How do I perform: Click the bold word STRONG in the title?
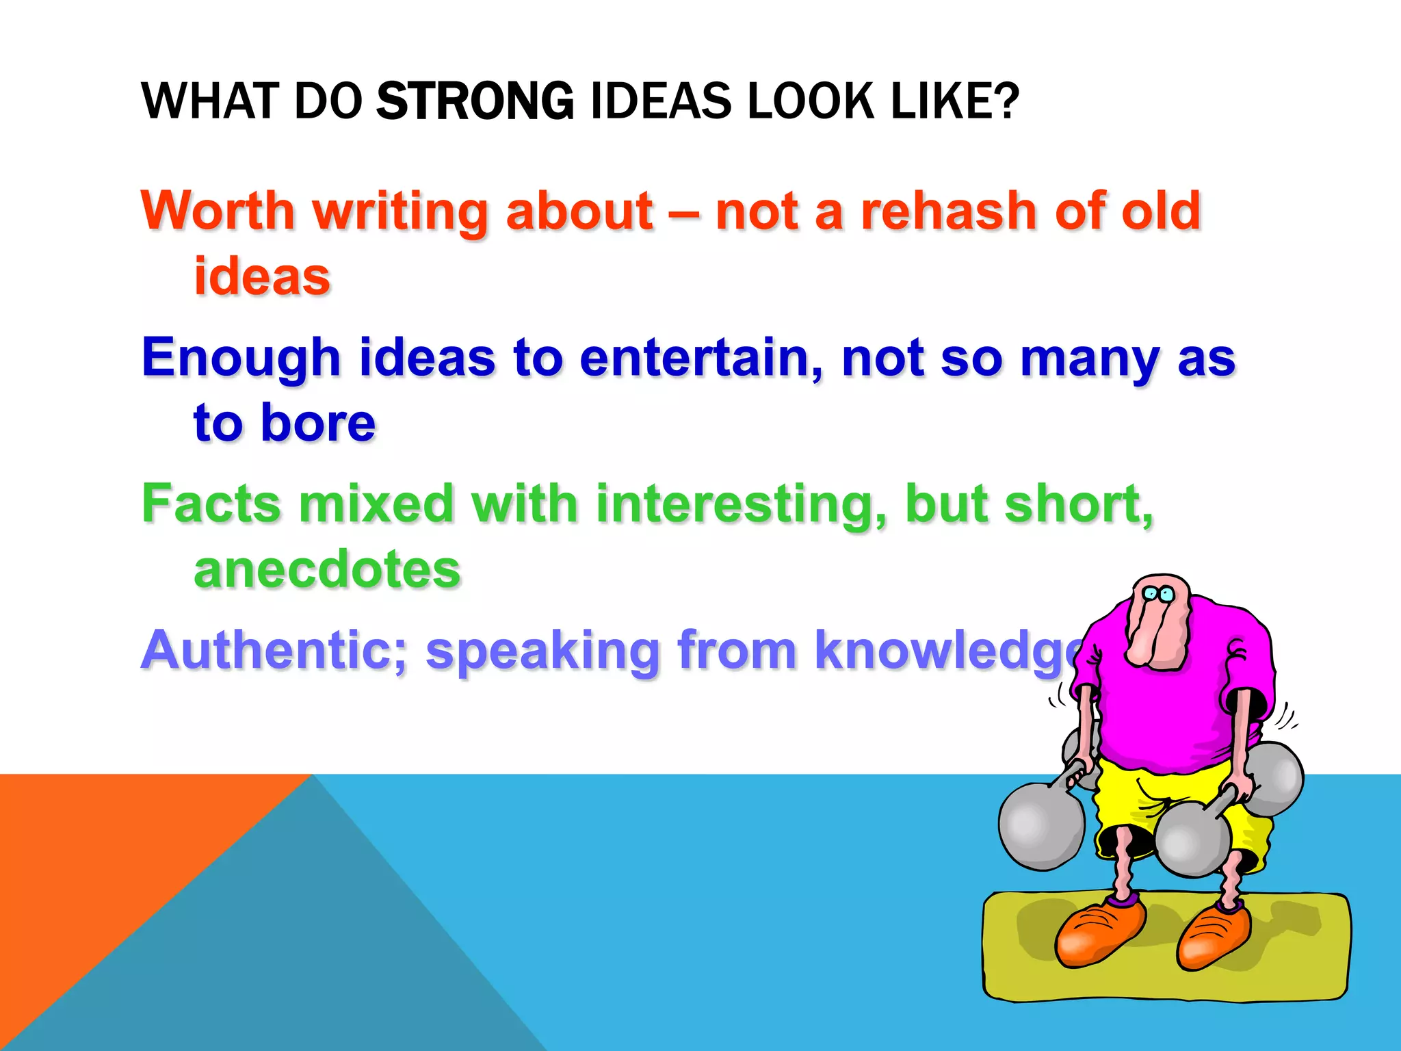coord(475,101)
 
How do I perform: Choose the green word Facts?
coord(211,504)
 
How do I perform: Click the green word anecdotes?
coord(327,569)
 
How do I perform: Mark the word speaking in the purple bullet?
coord(541,650)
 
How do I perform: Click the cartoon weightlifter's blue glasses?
coord(1159,594)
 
